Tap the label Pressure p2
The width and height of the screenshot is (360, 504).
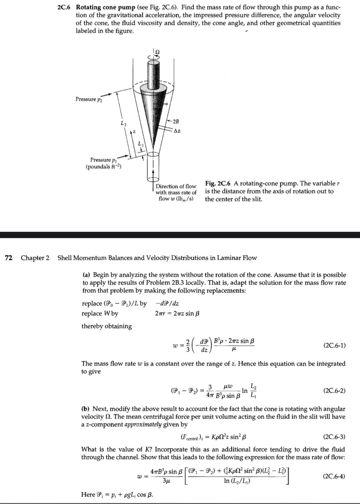tap(89, 100)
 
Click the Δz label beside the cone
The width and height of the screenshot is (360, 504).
tap(177, 131)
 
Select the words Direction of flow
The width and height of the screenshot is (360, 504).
tap(176, 186)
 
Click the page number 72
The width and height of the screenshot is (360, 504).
tap(9, 258)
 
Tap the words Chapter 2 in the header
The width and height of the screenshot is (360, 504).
tap(35, 258)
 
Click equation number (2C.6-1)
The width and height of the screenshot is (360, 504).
tap(334, 346)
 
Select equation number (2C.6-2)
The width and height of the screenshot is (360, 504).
tap(334, 391)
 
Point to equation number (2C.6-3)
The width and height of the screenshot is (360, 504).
tap(334, 437)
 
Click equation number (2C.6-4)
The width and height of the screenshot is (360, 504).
tap(334, 476)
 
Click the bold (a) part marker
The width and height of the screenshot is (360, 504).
tap(87, 275)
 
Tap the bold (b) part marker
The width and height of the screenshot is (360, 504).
tap(86, 409)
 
